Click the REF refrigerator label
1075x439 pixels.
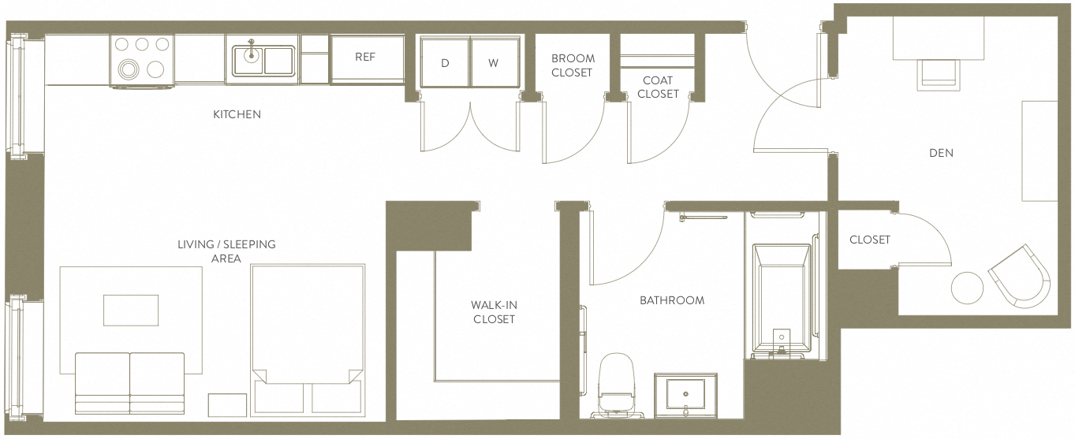click(364, 58)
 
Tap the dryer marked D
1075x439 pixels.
click(445, 63)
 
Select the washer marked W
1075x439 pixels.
click(493, 63)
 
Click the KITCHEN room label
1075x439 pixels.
click(237, 114)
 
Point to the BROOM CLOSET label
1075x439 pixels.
click(573, 65)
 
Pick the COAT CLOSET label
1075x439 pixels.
click(658, 87)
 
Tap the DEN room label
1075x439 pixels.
click(941, 153)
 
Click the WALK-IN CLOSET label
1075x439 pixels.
click(494, 312)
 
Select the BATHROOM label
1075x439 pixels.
click(671, 300)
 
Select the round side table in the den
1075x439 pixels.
click(967, 288)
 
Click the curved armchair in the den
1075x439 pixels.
click(1021, 275)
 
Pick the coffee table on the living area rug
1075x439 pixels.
click(131, 310)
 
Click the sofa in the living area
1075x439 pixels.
click(129, 382)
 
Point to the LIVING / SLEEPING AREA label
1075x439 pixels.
click(226, 251)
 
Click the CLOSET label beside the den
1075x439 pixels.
click(869, 240)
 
